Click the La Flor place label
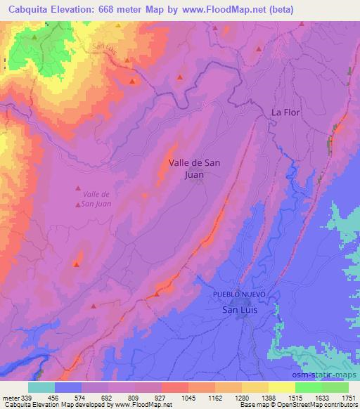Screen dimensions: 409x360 286,112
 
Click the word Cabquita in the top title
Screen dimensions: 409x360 26,10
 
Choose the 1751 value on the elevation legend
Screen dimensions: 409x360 348,397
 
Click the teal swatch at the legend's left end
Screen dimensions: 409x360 41,387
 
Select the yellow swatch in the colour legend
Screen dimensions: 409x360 281,387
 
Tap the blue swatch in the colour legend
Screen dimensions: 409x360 68,387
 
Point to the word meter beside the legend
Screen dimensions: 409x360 10,397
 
